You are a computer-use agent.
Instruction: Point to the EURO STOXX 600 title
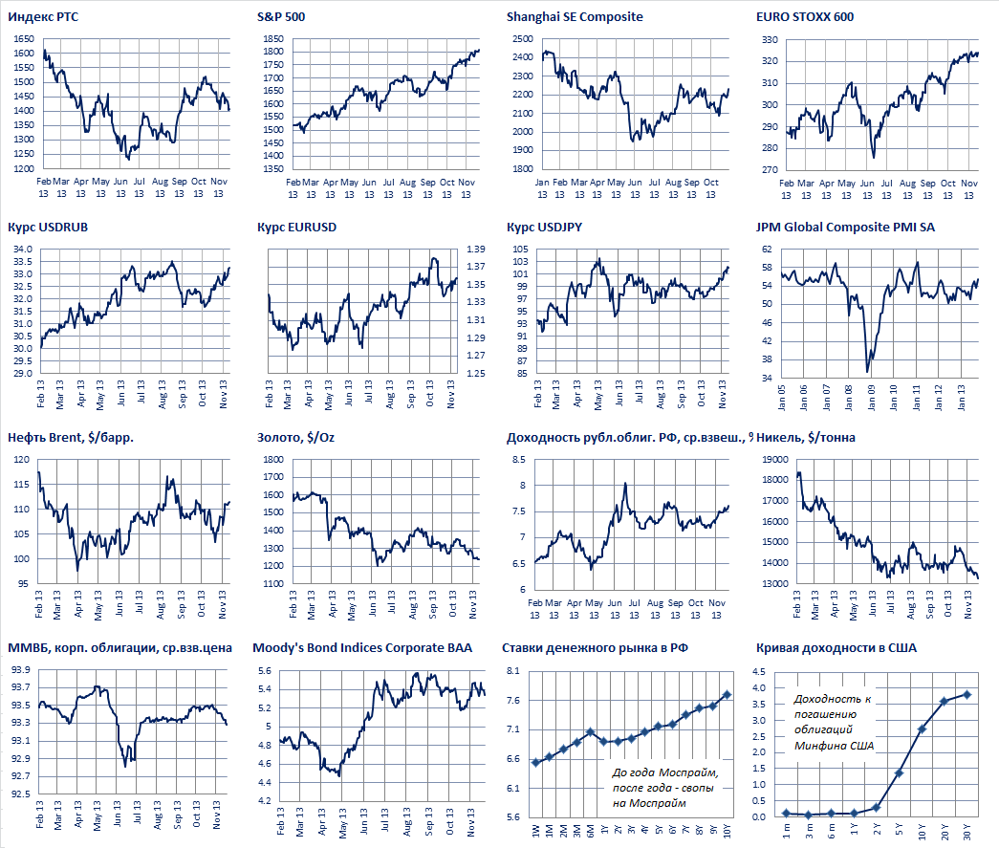point(805,16)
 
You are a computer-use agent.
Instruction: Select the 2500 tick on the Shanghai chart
point(521,39)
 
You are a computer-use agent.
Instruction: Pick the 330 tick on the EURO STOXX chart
point(769,39)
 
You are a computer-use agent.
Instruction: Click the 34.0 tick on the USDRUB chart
point(23,250)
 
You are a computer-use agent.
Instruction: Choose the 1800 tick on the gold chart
point(271,460)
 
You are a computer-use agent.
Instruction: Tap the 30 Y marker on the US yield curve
point(966,694)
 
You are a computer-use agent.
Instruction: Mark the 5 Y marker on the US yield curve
point(899,772)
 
